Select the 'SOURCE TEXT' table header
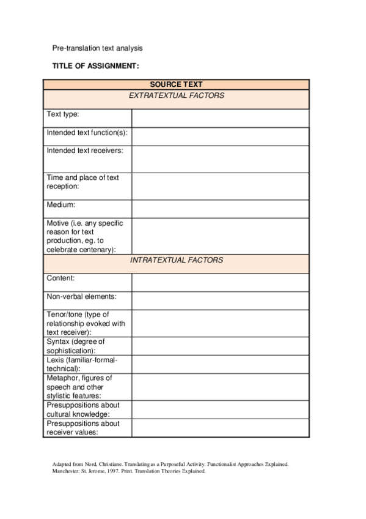tap(176, 84)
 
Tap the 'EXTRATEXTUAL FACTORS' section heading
tap(176, 95)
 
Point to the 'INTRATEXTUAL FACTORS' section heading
tap(176, 260)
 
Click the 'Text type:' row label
tap(63, 114)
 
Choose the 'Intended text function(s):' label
tap(87, 132)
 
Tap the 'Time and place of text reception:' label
tap(83, 182)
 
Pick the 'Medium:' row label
tap(60, 205)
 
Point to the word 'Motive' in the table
tap(58, 223)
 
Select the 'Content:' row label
tap(60, 278)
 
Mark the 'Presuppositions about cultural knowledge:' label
tap(83, 409)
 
